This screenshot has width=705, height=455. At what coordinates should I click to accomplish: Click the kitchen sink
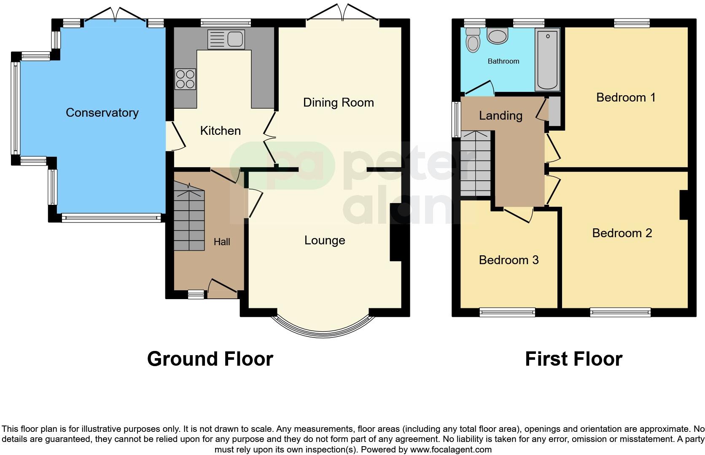(x=226, y=39)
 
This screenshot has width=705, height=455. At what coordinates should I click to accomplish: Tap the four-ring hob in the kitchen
(x=185, y=79)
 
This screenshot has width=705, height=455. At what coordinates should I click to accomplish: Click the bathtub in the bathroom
(x=547, y=59)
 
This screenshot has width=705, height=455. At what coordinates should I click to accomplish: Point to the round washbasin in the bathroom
(x=498, y=36)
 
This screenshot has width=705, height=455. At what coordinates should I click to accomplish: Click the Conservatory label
(x=102, y=112)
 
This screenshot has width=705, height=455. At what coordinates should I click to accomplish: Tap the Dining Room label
(x=338, y=102)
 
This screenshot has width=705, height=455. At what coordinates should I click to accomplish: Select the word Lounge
(x=325, y=240)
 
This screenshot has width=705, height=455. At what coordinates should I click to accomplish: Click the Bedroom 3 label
(x=509, y=260)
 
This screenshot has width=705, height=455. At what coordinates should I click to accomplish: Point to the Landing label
(x=500, y=115)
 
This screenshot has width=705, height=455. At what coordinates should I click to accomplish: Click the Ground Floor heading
(x=210, y=359)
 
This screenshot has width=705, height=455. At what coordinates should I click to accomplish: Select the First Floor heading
(x=573, y=359)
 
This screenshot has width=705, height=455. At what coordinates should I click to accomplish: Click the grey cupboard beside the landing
(x=554, y=111)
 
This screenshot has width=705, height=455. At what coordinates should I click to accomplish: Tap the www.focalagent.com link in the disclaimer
(x=450, y=450)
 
